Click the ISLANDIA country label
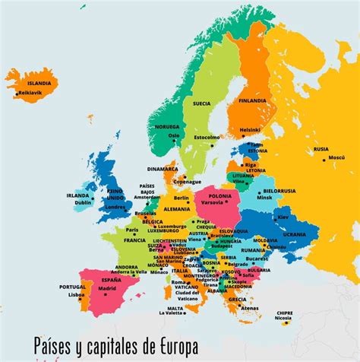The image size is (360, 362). [x=39, y=83]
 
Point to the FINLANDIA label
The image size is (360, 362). [x=252, y=100]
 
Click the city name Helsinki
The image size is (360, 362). [x=251, y=130]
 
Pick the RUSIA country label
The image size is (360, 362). [x=321, y=149]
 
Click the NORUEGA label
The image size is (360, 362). [x=167, y=127]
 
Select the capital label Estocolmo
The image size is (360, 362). [x=207, y=138]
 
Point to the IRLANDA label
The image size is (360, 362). [x=77, y=195]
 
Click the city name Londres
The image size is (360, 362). [x=115, y=207]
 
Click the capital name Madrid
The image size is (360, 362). [x=108, y=288]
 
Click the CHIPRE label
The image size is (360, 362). [x=285, y=313]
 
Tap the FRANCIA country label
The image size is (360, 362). [x=134, y=240]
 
